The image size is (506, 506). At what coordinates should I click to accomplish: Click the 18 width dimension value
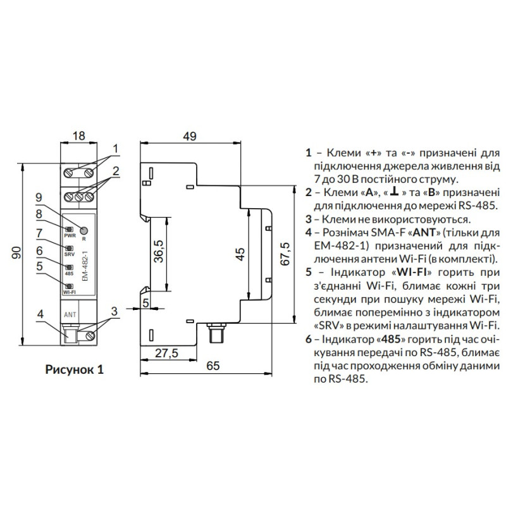pyautogui.click(x=78, y=135)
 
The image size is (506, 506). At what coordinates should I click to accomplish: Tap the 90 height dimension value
pyautogui.click(x=16, y=252)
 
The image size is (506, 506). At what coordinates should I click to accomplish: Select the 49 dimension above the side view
pyautogui.click(x=190, y=136)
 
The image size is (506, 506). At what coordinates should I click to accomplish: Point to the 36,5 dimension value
pyautogui.click(x=159, y=251)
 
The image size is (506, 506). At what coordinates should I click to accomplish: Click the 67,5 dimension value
pyautogui.click(x=285, y=254)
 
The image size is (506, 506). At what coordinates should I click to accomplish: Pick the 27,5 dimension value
pyautogui.click(x=166, y=353)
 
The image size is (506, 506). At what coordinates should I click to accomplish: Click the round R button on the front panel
pyautogui.click(x=84, y=230)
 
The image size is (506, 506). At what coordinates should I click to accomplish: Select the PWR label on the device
pyautogui.click(x=70, y=235)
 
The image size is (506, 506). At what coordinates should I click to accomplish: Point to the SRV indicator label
pyautogui.click(x=70, y=254)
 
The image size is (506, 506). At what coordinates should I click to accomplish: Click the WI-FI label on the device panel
pyautogui.click(x=70, y=292)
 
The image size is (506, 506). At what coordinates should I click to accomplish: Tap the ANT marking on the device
pyautogui.click(x=70, y=314)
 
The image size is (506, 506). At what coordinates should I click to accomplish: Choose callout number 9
pyautogui.click(x=39, y=197)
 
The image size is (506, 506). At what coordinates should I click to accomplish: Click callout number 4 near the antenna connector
pyautogui.click(x=40, y=314)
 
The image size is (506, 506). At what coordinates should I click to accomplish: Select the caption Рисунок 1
pyautogui.click(x=75, y=369)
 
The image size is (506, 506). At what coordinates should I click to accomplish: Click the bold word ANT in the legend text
pyautogui.click(x=424, y=232)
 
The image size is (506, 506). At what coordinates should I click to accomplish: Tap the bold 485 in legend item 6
pyautogui.click(x=391, y=339)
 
